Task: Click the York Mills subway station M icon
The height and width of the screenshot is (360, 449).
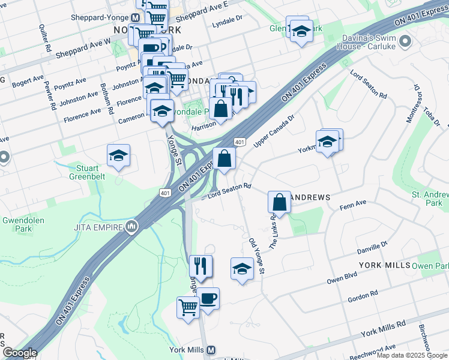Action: pyautogui.click(x=211, y=350)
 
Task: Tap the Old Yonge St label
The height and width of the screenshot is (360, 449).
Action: pyautogui.click(x=256, y=257)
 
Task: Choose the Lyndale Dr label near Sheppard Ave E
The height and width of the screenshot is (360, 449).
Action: pyautogui.click(x=227, y=22)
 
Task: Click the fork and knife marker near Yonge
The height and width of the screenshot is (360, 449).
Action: pyautogui.click(x=200, y=266)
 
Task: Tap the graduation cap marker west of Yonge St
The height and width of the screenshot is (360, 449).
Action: pyautogui.click(x=119, y=156)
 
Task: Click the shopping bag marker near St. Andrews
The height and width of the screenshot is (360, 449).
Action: pyautogui.click(x=280, y=202)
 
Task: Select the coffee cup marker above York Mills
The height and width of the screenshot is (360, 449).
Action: pyautogui.click(x=208, y=299)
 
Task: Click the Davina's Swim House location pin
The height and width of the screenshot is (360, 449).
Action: pyautogui.click(x=405, y=41)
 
